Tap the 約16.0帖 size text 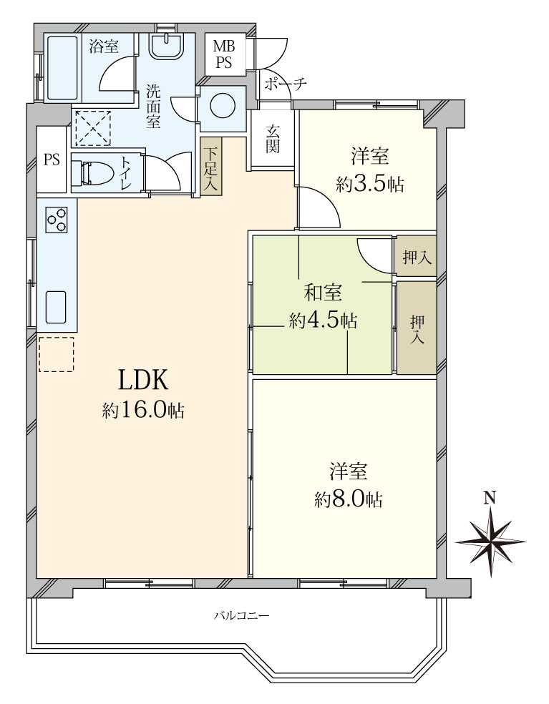point(143,411)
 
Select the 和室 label point(323,293)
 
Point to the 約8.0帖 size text point(349,499)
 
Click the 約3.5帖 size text point(370,184)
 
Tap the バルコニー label point(241,615)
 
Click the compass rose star point(490,542)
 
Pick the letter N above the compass point(490,497)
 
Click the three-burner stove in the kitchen point(57,220)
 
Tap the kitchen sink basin point(56,306)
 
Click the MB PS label point(223,54)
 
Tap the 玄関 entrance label point(273,138)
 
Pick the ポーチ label point(286,84)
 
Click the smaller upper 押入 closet point(417,256)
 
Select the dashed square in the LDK point(56,354)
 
